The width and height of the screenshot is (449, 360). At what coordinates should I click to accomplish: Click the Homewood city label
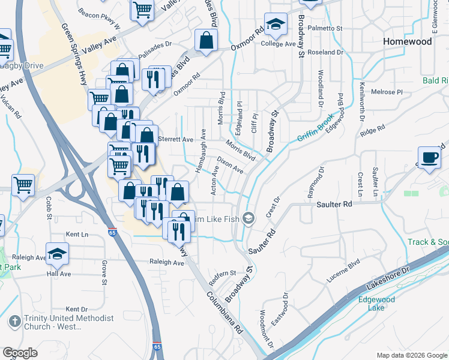pos(407,42)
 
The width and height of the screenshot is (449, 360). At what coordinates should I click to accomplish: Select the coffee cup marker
pos(429,158)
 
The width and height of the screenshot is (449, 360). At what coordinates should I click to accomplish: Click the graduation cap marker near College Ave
pos(276,25)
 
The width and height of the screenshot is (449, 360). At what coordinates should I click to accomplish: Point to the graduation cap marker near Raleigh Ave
pos(57,254)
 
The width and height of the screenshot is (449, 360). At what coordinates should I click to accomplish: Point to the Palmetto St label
pos(325,28)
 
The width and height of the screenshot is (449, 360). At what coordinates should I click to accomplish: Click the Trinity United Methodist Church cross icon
pos(13,321)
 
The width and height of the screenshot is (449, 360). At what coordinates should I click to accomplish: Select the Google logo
pos(20,353)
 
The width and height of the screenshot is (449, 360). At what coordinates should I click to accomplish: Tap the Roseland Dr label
pos(325,52)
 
